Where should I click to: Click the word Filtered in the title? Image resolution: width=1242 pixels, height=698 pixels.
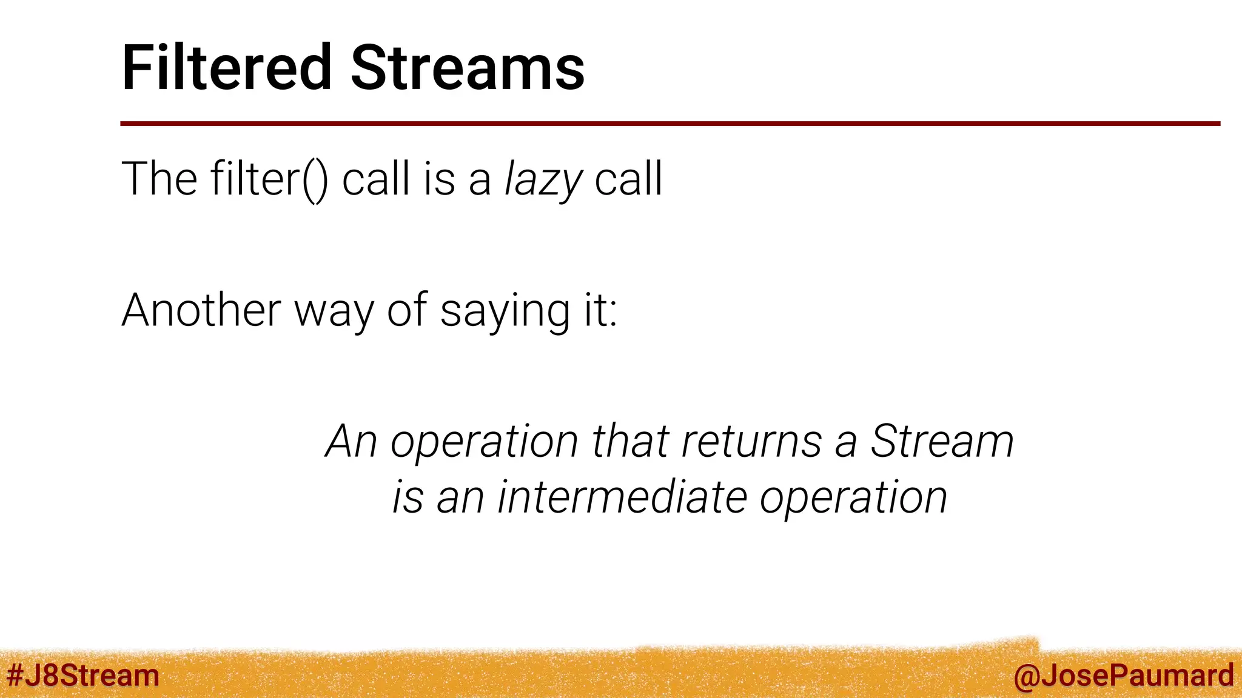pyautogui.click(x=227, y=68)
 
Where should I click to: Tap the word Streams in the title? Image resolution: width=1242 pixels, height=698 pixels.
pyautogui.click(x=468, y=68)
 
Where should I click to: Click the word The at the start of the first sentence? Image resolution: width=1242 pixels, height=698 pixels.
pyautogui.click(x=159, y=179)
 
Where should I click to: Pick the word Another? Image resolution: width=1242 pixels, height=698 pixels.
pyautogui.click(x=201, y=310)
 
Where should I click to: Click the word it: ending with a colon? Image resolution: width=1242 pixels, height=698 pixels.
pyautogui.click(x=600, y=310)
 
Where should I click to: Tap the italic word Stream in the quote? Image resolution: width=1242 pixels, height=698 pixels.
pyautogui.click(x=942, y=441)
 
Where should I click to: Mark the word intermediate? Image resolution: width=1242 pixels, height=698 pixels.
pyautogui.click(x=622, y=497)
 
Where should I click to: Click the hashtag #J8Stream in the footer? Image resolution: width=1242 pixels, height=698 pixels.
pyautogui.click(x=82, y=676)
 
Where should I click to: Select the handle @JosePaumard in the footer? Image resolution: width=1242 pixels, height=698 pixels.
pyautogui.click(x=1123, y=676)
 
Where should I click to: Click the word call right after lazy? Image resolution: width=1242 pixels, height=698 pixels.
pyautogui.click(x=628, y=179)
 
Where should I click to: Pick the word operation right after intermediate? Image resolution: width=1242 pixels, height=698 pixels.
pyautogui.click(x=853, y=499)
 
